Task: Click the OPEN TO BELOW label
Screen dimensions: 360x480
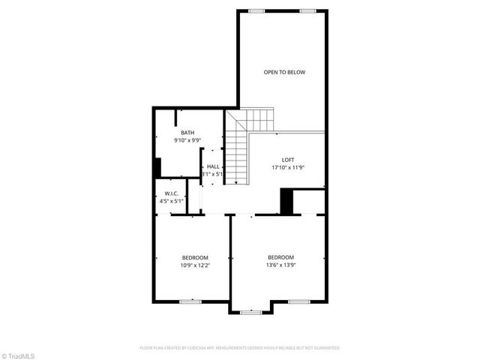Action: coord(284,73)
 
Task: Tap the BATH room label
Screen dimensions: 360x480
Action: coord(187,133)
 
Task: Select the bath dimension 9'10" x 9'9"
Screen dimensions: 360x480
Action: coord(187,140)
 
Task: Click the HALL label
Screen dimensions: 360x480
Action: coord(213,166)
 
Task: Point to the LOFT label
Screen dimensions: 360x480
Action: coord(288,160)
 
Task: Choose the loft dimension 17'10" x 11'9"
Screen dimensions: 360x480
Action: coord(288,167)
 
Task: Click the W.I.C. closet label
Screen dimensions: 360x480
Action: coord(172,193)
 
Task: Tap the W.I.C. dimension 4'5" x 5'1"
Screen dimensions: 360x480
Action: coord(172,201)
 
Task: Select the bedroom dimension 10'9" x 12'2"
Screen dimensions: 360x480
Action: coord(195,265)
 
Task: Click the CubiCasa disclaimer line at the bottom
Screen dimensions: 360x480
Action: coord(240,348)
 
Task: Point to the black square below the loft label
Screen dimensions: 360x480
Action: coord(286,201)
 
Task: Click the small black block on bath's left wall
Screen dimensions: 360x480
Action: coord(157,167)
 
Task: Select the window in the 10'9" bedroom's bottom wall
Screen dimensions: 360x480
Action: coord(190,301)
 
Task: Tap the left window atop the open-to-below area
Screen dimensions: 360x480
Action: coord(257,10)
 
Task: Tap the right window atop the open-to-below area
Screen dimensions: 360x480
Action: coord(307,10)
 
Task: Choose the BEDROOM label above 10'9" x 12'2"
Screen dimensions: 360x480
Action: coord(195,256)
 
